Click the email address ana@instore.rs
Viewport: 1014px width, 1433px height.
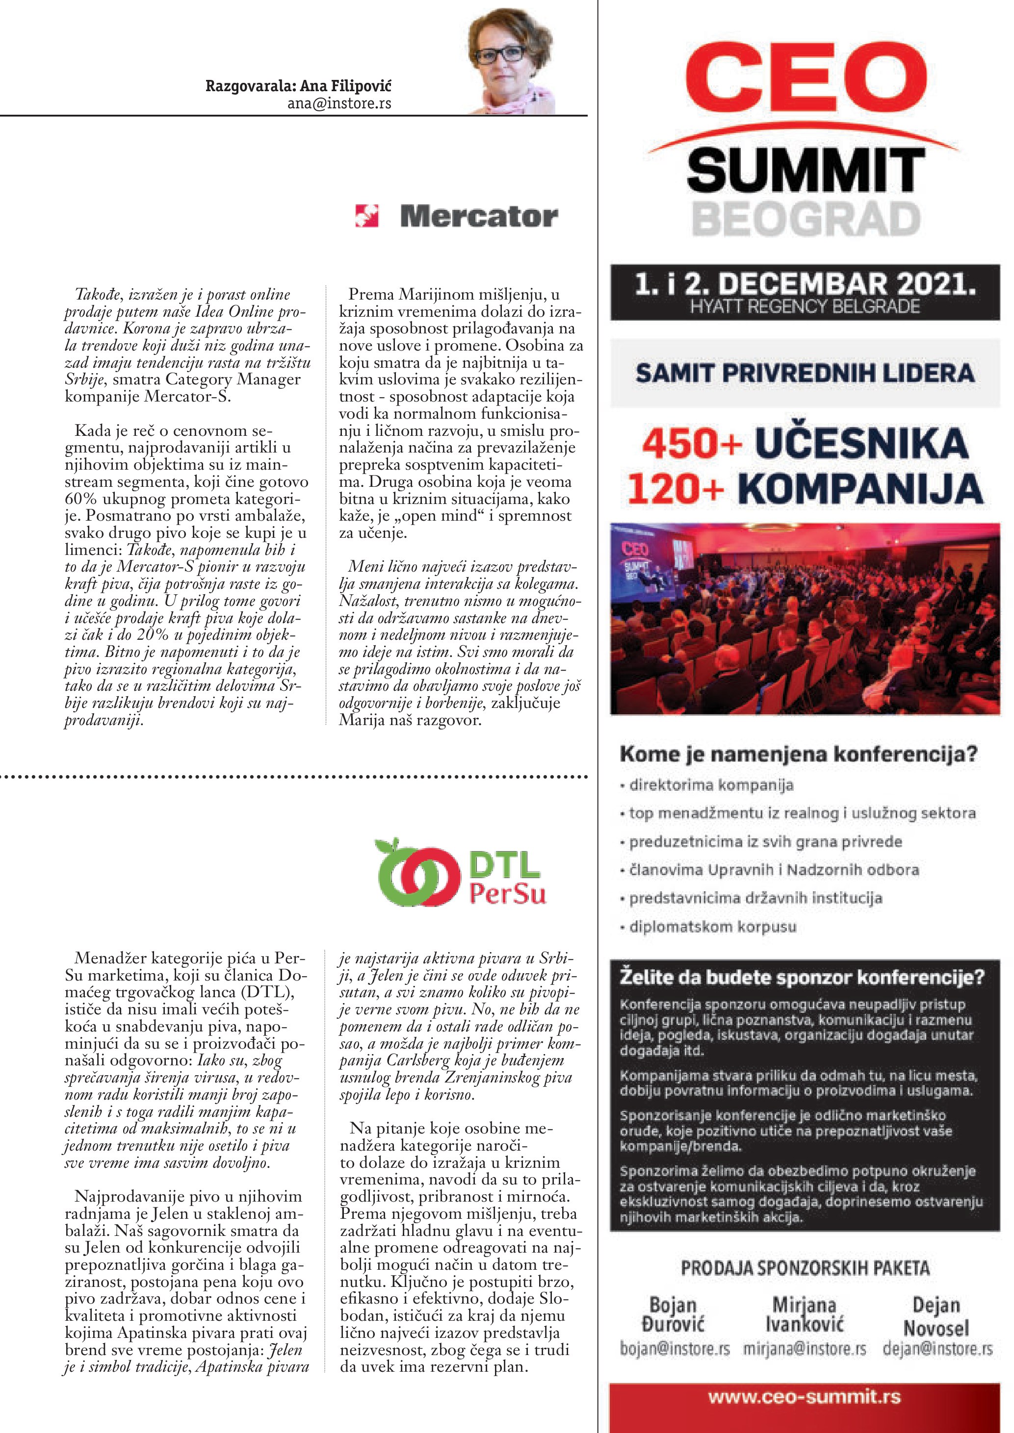(x=339, y=103)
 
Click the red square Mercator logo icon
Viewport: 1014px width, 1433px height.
(x=366, y=216)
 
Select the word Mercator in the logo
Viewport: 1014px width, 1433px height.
(x=479, y=217)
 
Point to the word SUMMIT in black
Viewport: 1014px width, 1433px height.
(x=805, y=171)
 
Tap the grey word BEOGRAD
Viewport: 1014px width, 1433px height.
(x=806, y=219)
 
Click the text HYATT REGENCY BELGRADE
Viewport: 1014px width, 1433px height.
(x=805, y=307)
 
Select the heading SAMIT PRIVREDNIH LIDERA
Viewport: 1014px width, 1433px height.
(x=805, y=373)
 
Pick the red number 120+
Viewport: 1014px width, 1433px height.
(x=676, y=489)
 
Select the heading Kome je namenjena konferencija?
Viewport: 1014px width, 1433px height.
(x=798, y=754)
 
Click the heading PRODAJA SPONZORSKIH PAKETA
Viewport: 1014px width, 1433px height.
(x=805, y=1268)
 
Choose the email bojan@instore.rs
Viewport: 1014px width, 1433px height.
(x=675, y=1349)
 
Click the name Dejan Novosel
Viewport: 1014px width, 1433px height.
(x=936, y=1316)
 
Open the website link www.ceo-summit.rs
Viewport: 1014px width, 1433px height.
(x=805, y=1397)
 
